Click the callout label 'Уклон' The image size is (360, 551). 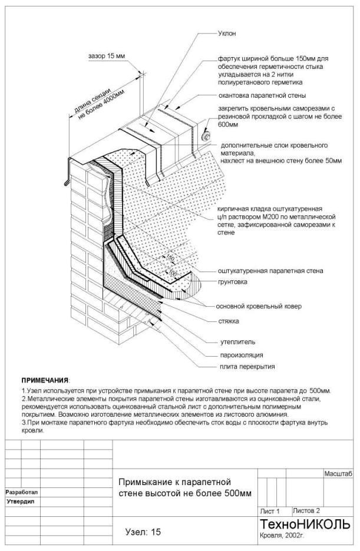(227, 34)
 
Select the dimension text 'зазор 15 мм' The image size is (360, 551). (106, 57)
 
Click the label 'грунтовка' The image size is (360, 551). (232, 282)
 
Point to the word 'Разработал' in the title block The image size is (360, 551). (21, 491)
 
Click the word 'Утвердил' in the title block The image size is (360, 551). (19, 502)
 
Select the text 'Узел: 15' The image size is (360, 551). (143, 532)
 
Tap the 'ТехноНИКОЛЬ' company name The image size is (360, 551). (305, 525)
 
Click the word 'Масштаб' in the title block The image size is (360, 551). (338, 473)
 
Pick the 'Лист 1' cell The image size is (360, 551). (269, 511)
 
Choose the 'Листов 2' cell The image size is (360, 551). (306, 510)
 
